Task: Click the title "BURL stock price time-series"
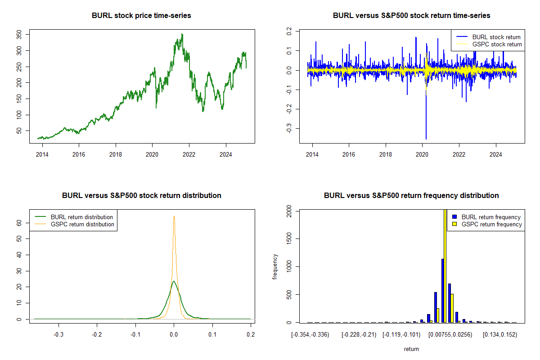pos(141,16)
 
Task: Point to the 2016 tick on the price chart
pos(79,153)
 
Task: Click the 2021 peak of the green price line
pos(182,34)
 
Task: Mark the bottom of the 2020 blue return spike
pos(426,139)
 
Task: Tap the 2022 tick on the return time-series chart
pos(459,153)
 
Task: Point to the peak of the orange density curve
pos(174,216)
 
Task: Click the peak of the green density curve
pos(174,281)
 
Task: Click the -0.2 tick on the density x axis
pos(97,334)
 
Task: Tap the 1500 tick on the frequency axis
pos(288,238)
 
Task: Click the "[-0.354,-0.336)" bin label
pos(310,334)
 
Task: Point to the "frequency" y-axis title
pos(275,266)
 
